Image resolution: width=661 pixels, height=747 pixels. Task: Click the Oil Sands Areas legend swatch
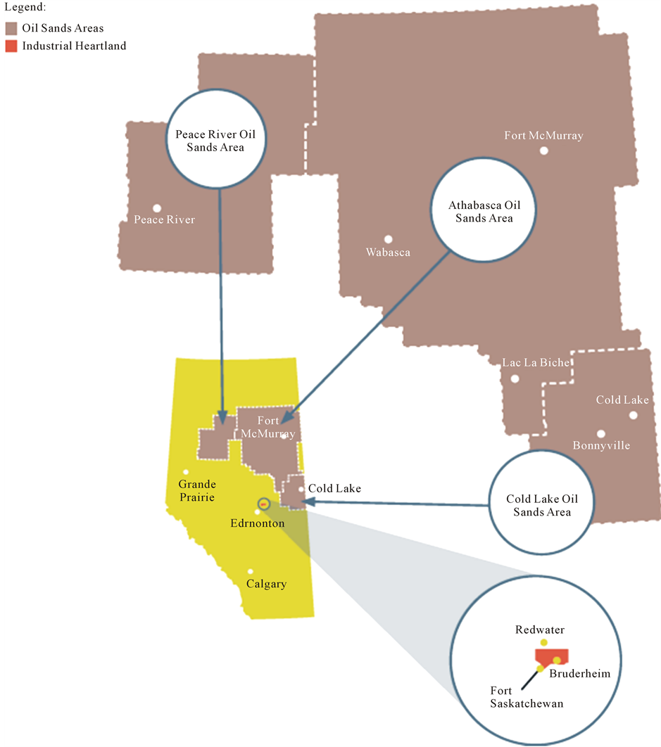pyautogui.click(x=11, y=29)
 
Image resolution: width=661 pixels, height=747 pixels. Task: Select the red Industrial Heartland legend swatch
pyautogui.click(x=11, y=46)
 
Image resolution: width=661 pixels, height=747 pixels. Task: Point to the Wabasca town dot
pyautogui.click(x=388, y=239)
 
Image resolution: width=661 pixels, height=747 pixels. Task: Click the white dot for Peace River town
pyautogui.click(x=157, y=208)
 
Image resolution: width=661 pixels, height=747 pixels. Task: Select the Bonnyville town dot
pyautogui.click(x=601, y=434)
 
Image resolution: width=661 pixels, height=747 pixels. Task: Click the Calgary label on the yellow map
pyautogui.click(x=266, y=584)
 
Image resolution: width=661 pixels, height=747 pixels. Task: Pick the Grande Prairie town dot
pyautogui.click(x=186, y=472)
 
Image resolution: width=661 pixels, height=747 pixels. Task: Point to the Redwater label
pyautogui.click(x=540, y=630)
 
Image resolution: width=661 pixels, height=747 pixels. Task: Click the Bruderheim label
pyautogui.click(x=579, y=673)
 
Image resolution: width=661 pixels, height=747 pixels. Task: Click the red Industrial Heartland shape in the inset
pyautogui.click(x=550, y=656)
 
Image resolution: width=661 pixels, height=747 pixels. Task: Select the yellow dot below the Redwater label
pyautogui.click(x=543, y=642)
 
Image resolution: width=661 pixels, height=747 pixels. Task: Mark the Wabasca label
pyautogui.click(x=388, y=252)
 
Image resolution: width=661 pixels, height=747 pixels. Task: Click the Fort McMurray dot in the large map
pyautogui.click(x=543, y=151)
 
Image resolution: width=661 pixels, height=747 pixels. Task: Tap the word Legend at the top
pyautogui.click(x=23, y=8)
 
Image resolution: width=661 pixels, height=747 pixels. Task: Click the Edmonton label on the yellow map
pyautogui.click(x=258, y=523)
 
